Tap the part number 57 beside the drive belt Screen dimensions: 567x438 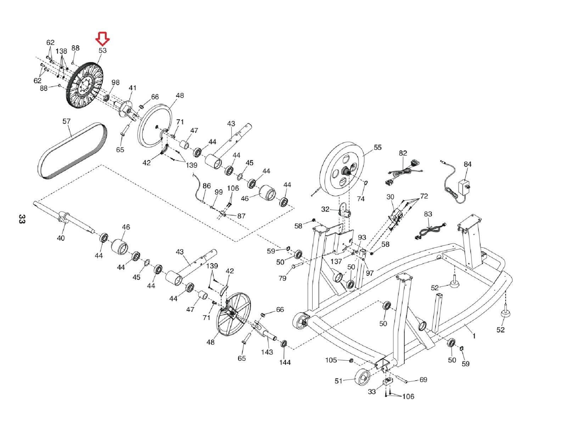[x=67, y=121]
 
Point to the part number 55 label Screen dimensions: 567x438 [x=377, y=147]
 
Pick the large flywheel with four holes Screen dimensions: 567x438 [x=343, y=173]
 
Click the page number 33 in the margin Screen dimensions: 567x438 [x=22, y=219]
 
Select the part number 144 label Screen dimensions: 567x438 [x=285, y=363]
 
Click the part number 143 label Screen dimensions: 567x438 [x=267, y=352]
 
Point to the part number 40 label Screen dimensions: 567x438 [x=61, y=238]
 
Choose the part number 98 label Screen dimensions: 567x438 [x=115, y=83]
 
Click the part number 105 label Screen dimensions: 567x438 [x=331, y=360]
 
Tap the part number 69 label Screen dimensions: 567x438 [x=423, y=380]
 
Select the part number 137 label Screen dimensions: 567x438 [x=336, y=261]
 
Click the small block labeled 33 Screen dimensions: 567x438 [x=388, y=382]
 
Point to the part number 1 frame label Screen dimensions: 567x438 [x=474, y=336]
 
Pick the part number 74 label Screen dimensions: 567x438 [x=361, y=199]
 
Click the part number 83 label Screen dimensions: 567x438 [x=428, y=214]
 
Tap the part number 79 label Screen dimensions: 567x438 [x=282, y=278]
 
